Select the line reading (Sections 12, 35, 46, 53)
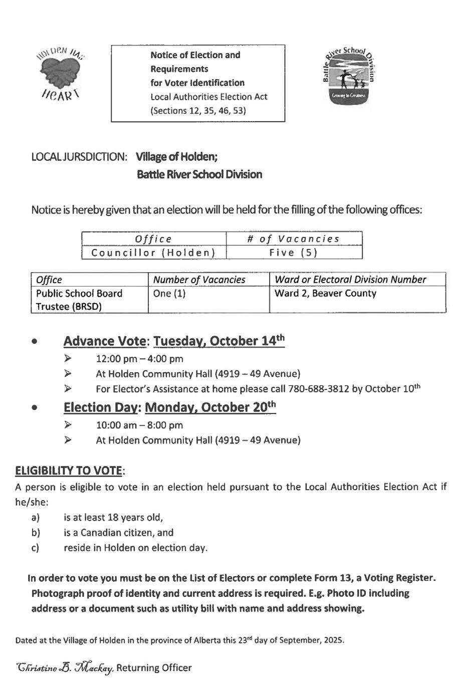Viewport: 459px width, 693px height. point(198,111)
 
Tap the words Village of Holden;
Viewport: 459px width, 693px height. point(176,157)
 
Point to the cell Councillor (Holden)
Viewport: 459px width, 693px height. point(153,253)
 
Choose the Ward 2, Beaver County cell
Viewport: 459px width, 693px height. point(325,293)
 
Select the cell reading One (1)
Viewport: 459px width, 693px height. point(169,293)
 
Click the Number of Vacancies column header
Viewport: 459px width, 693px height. point(199,280)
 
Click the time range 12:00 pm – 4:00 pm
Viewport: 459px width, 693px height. point(139,359)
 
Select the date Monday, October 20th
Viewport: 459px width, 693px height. point(210,407)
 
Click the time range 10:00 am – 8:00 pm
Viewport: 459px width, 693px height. point(139,425)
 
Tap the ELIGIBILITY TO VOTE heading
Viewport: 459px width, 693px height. point(69,471)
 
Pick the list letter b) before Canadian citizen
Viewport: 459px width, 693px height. point(36,533)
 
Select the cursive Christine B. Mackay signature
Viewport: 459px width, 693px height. point(65,668)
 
